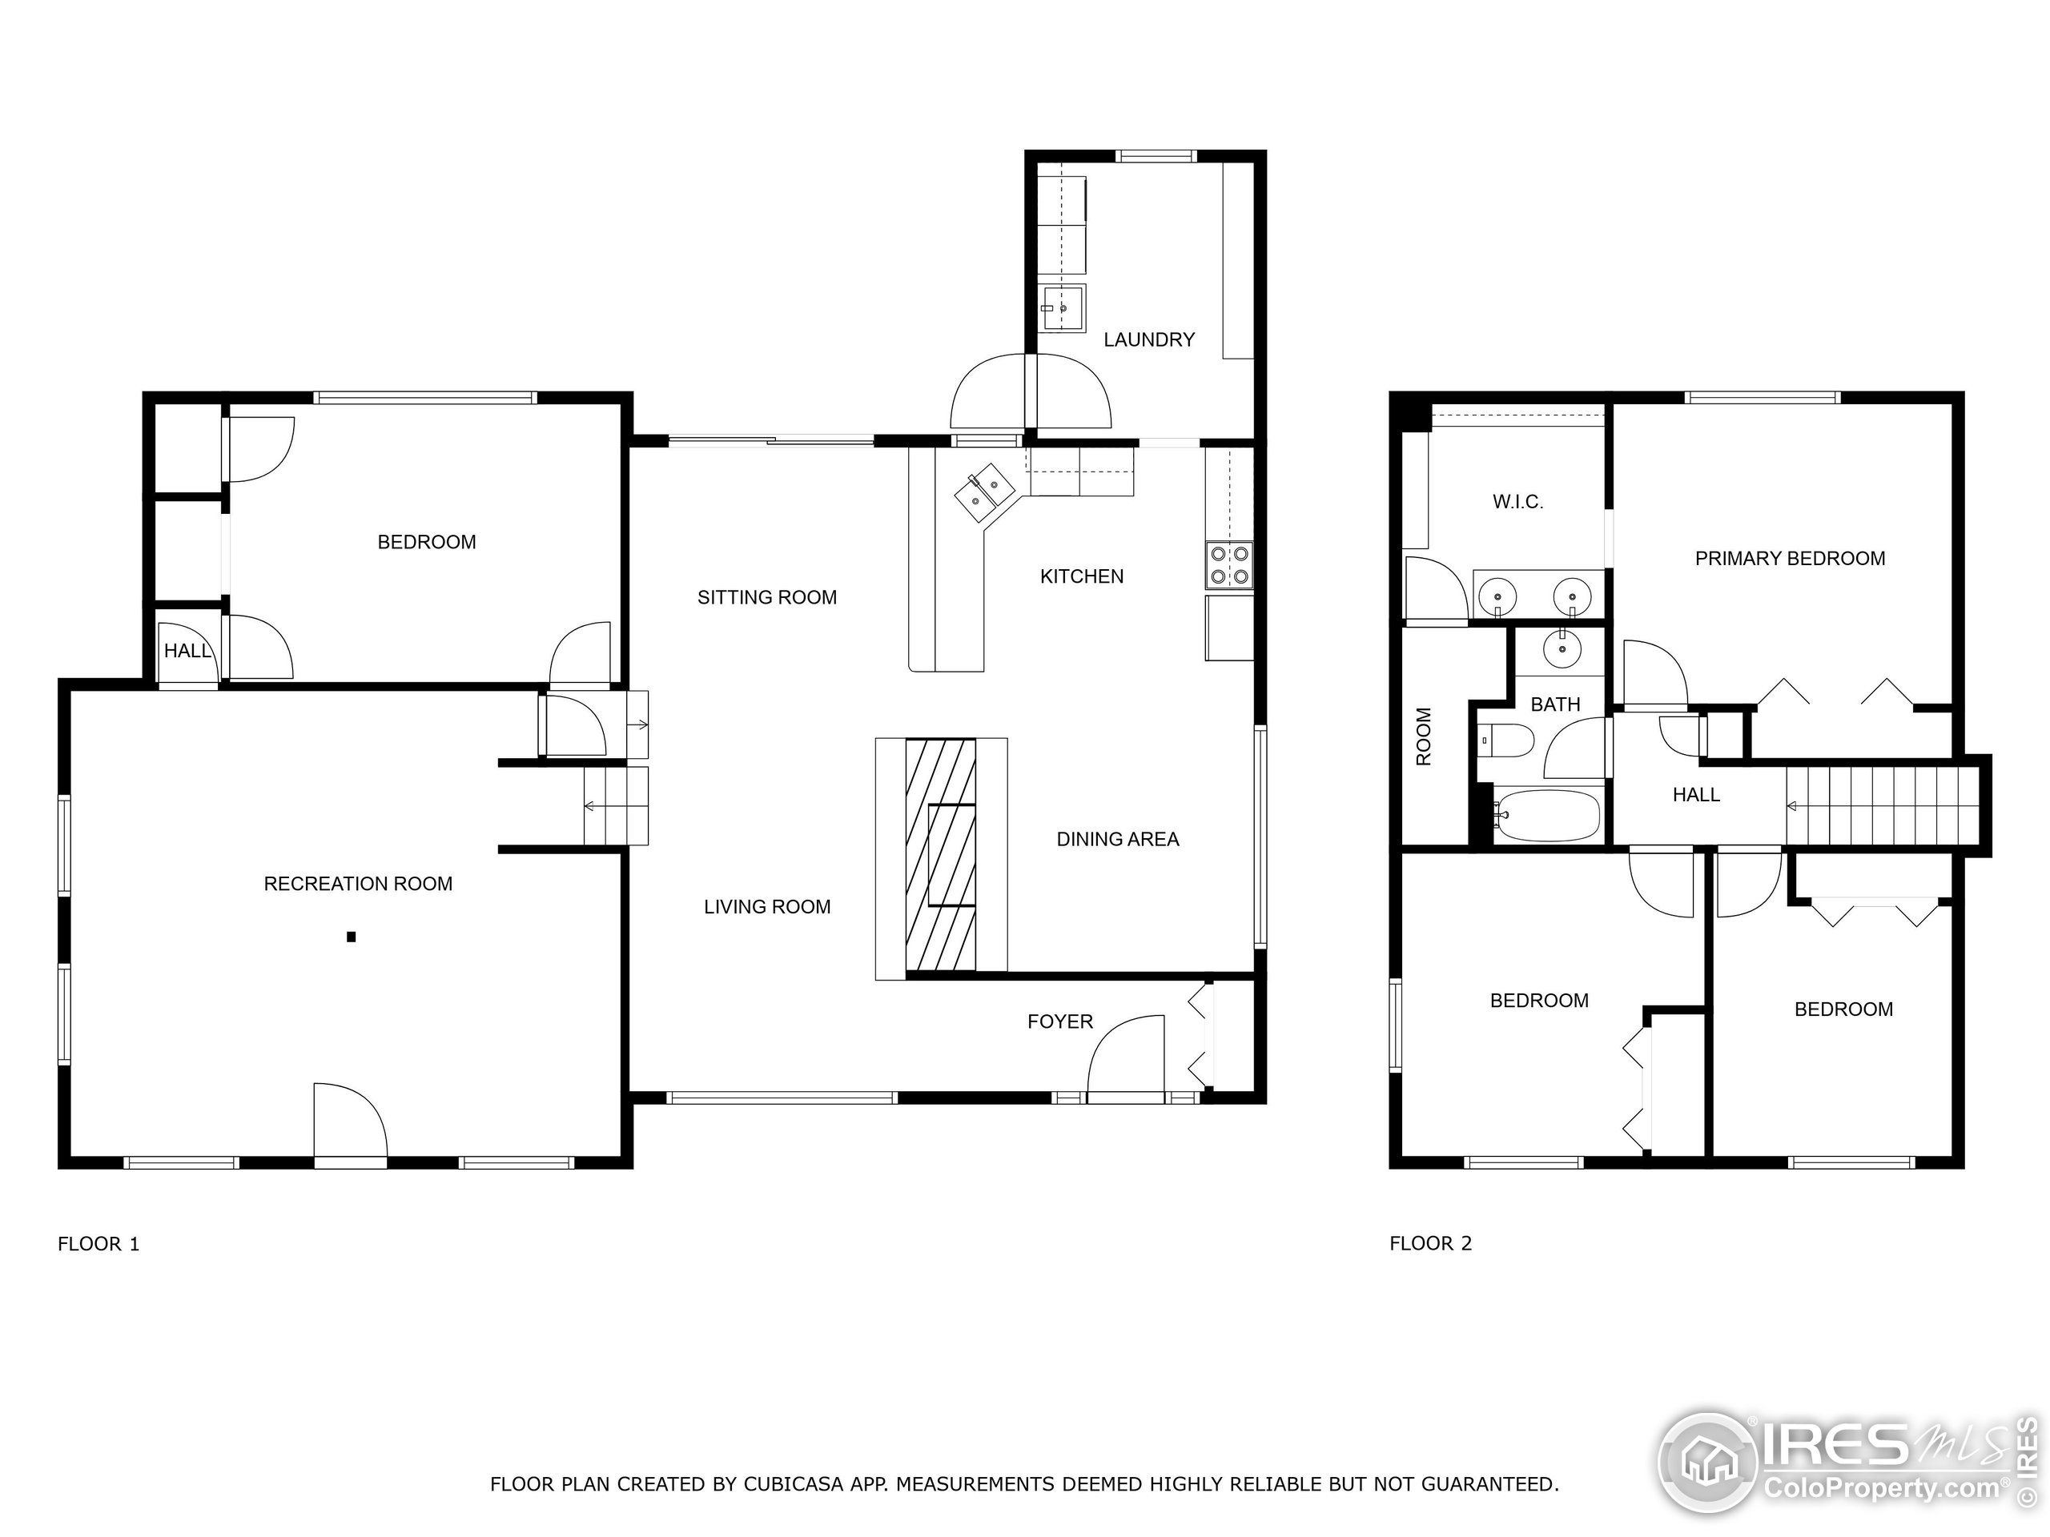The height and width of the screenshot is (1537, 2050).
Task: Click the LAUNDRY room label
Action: [x=1148, y=340]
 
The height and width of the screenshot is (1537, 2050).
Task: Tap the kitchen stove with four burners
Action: [x=1229, y=565]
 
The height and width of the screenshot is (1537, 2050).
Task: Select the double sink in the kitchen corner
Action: [x=984, y=491]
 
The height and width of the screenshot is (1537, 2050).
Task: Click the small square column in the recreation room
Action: [x=352, y=937]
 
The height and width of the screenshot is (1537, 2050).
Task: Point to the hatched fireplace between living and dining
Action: [x=940, y=854]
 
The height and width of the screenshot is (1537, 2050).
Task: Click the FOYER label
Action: [x=1059, y=1022]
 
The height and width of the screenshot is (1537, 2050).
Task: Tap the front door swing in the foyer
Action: [x=1125, y=1060]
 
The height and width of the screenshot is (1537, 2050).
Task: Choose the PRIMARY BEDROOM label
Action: [x=1790, y=559]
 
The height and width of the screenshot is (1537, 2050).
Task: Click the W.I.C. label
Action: [x=1517, y=502]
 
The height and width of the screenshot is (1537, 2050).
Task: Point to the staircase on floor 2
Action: [x=1881, y=806]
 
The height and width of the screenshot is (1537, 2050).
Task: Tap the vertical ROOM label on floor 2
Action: [x=1425, y=736]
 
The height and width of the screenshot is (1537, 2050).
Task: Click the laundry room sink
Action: [x=1062, y=307]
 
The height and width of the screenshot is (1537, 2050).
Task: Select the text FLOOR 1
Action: [x=98, y=1244]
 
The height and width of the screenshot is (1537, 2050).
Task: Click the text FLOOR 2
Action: [x=1430, y=1244]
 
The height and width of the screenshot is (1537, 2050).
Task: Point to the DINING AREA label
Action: [x=1118, y=840]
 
